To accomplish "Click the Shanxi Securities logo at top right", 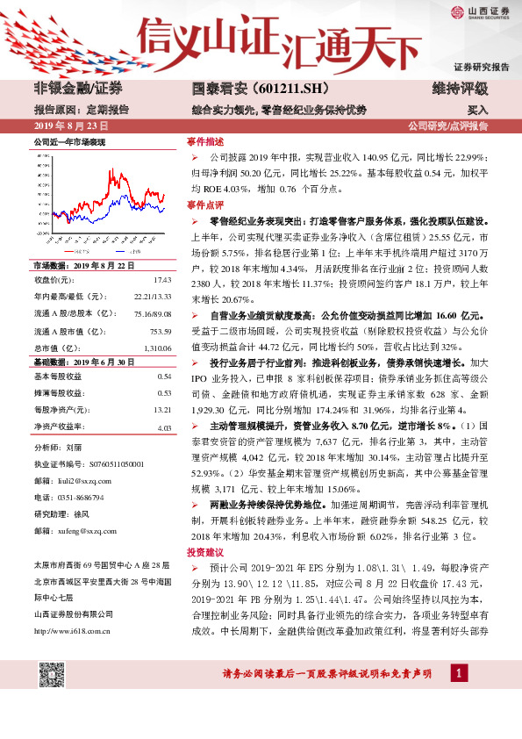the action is coord(481,12).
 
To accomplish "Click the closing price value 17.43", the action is coord(162,279).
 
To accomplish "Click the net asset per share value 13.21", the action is coord(162,410).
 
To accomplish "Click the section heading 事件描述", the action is coord(205,141).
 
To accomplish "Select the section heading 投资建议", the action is coord(205,552).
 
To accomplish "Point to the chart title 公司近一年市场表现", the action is coord(70,141).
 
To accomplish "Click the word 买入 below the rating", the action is coord(477,111).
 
